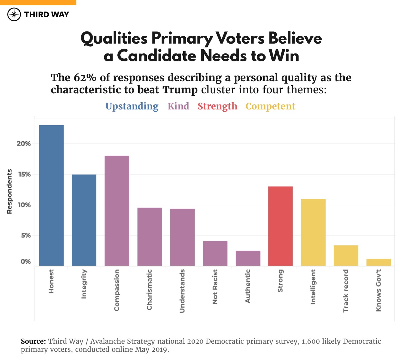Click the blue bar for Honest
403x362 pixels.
[x=51, y=195]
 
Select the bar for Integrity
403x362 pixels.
[x=84, y=220]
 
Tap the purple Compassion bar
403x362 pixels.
[x=117, y=211]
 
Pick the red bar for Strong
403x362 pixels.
[x=280, y=226]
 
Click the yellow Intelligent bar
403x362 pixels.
[x=313, y=232]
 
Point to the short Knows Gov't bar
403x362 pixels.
[x=378, y=262]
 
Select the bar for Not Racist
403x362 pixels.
[x=215, y=253]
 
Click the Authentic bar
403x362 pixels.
[x=248, y=258]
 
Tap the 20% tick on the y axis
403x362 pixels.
[x=24, y=144]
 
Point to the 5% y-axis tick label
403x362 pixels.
[x=26, y=235]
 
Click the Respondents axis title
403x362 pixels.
[x=10, y=192]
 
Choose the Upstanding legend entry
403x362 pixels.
[x=132, y=106]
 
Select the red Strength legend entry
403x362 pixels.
[x=217, y=106]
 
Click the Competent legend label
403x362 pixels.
[x=270, y=106]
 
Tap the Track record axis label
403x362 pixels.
[x=346, y=291]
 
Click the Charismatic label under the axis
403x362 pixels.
[x=149, y=289]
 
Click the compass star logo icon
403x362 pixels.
[x=14, y=14]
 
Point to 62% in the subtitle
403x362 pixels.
[x=85, y=77]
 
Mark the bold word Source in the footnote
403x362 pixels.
[x=33, y=341]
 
